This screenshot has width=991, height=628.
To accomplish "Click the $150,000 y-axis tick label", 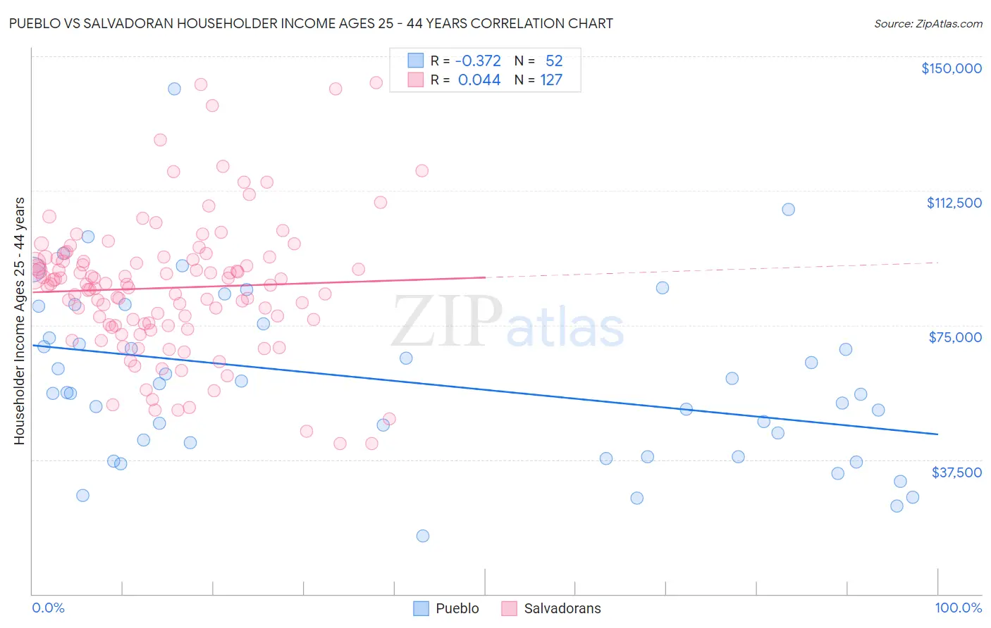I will click(x=951, y=68).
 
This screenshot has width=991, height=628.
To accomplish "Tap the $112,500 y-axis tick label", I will click(x=954, y=203).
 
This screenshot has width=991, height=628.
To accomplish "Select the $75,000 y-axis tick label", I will click(x=955, y=337).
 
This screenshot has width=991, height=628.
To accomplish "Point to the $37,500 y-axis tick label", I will click(x=956, y=472).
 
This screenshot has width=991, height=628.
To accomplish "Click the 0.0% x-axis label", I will click(x=48, y=608).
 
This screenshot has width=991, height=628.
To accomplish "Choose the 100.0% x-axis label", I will click(x=958, y=608).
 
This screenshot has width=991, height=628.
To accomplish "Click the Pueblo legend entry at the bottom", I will click(x=457, y=608).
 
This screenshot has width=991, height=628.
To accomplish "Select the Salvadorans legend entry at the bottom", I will click(x=562, y=608).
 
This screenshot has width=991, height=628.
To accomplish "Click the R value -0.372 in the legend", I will click(x=479, y=61).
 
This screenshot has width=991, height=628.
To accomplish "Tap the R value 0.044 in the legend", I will click(x=479, y=80).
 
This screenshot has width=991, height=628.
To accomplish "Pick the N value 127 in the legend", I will click(x=551, y=80).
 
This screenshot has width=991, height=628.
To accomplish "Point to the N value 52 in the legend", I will click(x=554, y=61).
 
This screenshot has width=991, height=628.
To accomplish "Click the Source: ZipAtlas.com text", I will click(x=928, y=24).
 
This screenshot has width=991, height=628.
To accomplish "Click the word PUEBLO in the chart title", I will click(x=35, y=23).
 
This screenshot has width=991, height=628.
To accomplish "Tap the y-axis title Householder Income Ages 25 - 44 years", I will click(x=19, y=321).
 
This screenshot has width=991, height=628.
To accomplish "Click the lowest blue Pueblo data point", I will click(x=423, y=536).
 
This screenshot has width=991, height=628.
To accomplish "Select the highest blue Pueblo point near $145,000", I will click(x=174, y=89).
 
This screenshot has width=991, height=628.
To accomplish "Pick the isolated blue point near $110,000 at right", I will click(x=788, y=209).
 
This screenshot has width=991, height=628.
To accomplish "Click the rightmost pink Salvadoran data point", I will click(x=422, y=170).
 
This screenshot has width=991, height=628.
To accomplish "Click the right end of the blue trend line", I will click(x=937, y=434).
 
